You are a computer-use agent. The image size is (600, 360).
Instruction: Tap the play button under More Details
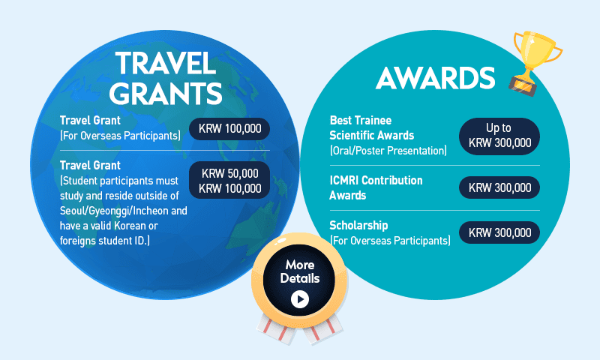coord(299,299)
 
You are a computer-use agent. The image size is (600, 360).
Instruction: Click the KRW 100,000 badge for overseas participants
coord(229,128)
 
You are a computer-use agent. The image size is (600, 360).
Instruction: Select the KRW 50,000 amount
coord(230,173)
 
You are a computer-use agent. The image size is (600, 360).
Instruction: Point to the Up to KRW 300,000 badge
coord(499,136)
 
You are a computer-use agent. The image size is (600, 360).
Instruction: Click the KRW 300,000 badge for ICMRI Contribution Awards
coord(499,187)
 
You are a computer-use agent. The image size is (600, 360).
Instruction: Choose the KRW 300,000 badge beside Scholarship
coord(499,232)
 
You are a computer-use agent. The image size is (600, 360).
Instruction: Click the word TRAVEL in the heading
coord(166,63)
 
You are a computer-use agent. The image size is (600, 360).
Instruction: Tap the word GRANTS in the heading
coord(165,93)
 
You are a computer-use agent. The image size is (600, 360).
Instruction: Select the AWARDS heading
coord(436,78)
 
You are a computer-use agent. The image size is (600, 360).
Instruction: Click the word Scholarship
coord(358,225)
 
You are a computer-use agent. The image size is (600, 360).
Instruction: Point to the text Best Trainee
coord(361,120)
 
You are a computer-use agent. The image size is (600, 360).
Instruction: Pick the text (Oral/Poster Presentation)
coord(388,150)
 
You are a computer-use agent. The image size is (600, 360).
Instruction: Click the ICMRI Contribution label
coord(376,180)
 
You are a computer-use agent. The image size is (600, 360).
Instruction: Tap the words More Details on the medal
coord(299,271)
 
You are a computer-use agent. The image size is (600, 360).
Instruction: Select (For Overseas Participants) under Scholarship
coord(390,241)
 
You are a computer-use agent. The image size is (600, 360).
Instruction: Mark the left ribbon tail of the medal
coord(276,328)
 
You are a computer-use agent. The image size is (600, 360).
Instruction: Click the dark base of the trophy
coord(523,85)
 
